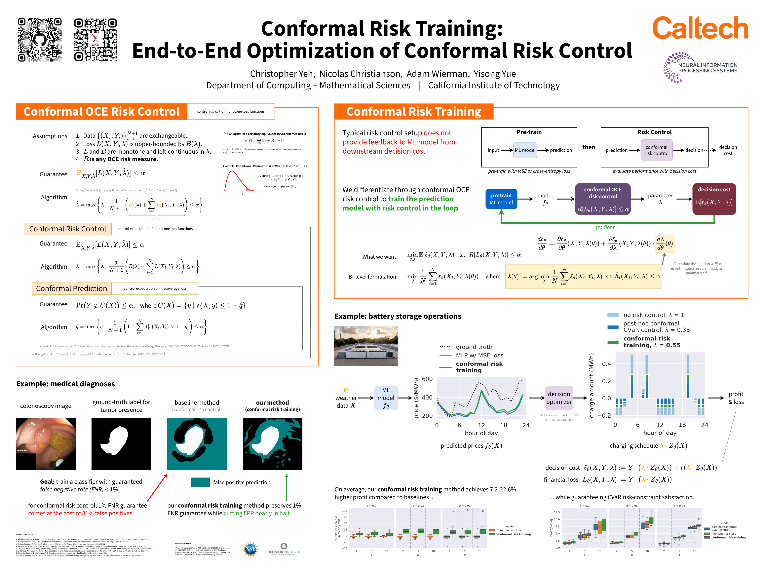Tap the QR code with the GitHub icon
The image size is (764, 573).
(40, 40)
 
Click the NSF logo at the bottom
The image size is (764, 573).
(251, 549)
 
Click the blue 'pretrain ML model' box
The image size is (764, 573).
(501, 199)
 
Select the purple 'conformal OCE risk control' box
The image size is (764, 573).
(603, 199)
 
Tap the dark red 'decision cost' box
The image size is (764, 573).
(714, 199)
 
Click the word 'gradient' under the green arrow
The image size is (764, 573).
(604, 227)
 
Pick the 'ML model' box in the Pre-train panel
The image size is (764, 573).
(525, 150)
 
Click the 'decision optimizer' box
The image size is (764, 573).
(559, 398)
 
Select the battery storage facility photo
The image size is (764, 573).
(366, 346)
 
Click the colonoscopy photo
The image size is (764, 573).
(46, 444)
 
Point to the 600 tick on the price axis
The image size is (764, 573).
(427, 379)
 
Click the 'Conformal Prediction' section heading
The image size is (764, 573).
(71, 288)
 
